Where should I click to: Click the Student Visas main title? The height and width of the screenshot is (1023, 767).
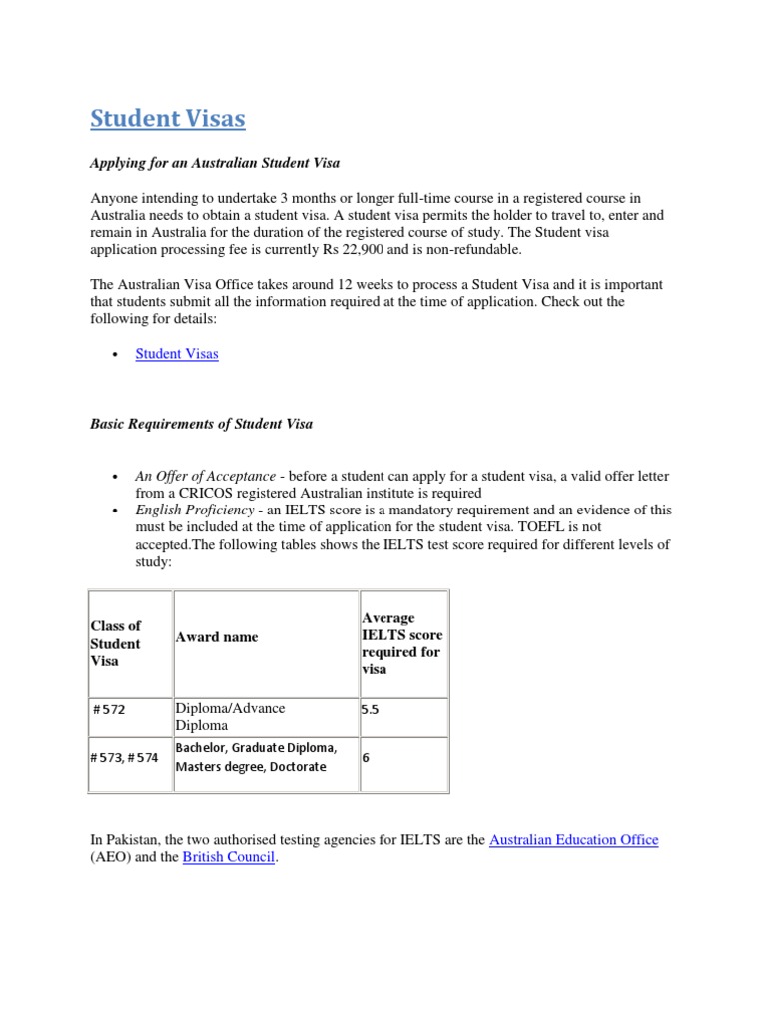(167, 119)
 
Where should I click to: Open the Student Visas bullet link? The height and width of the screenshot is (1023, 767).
(177, 354)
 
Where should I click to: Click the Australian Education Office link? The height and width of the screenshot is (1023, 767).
(573, 840)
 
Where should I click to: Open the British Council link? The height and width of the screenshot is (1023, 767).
(228, 857)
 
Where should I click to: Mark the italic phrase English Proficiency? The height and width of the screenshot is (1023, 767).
(195, 510)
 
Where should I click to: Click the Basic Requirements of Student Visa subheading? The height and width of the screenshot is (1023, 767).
(201, 424)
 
